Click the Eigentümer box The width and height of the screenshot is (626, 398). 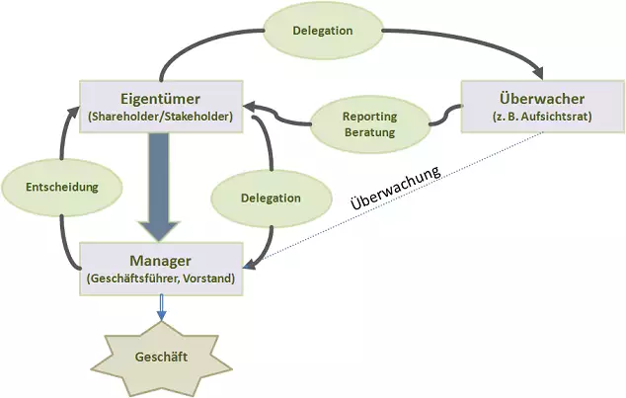(160, 107)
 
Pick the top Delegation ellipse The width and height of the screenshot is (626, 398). (322, 31)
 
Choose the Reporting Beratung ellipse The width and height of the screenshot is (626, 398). (370, 123)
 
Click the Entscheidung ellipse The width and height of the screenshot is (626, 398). (60, 186)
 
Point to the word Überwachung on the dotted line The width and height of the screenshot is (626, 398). (395, 185)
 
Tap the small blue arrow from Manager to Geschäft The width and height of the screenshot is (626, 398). (161, 309)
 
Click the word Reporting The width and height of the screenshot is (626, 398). (370, 116)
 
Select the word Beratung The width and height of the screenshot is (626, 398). (370, 132)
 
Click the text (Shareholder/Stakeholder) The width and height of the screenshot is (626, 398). (160, 118)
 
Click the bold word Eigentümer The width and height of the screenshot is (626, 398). (160, 99)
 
